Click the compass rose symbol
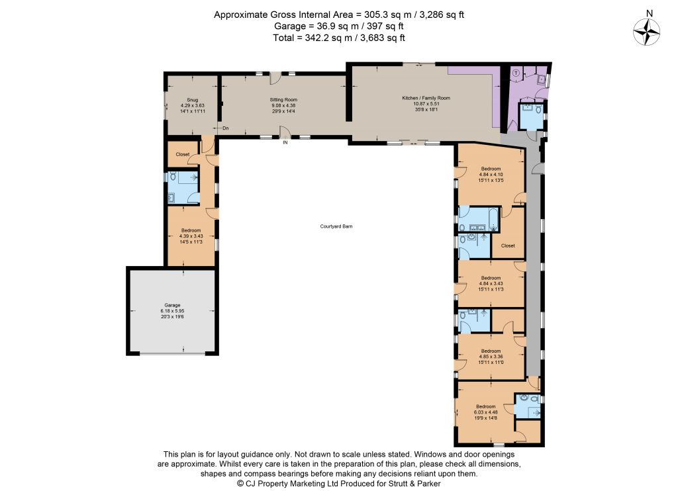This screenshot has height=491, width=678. (x=646, y=32)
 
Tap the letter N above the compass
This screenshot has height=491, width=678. (x=649, y=13)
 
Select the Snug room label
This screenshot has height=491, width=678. (x=193, y=100)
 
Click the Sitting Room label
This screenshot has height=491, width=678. (x=283, y=100)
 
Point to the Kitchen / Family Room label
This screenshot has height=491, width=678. (x=426, y=98)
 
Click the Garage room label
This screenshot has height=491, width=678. (x=172, y=305)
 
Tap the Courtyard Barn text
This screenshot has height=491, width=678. (x=336, y=226)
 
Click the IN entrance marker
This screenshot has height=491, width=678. (x=285, y=142)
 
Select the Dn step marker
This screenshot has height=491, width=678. (x=226, y=128)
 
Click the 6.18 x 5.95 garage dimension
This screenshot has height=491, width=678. (x=172, y=311)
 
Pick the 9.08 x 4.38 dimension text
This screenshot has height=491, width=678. (x=283, y=105)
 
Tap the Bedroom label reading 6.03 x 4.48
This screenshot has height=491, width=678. (x=485, y=407)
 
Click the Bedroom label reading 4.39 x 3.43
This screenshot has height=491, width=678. (x=191, y=230)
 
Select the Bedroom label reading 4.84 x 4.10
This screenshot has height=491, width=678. (x=491, y=169)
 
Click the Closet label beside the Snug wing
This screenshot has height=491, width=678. (x=183, y=154)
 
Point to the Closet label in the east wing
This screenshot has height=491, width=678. (x=508, y=246)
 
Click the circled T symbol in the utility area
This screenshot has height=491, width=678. (x=515, y=73)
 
